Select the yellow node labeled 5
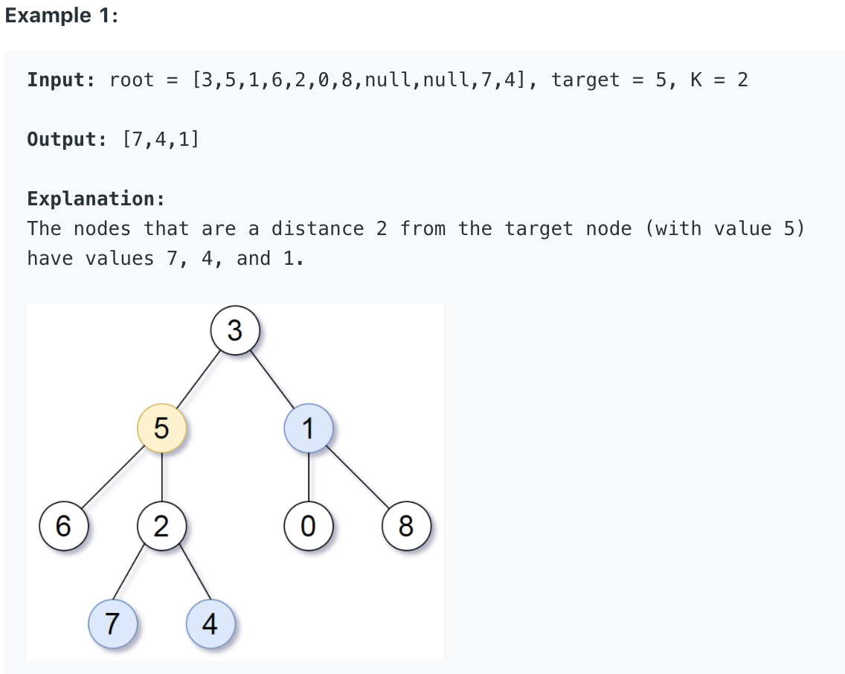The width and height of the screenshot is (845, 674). coord(161,429)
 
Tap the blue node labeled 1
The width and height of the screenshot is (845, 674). coord(308,429)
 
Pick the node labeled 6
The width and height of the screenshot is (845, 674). coord(63,526)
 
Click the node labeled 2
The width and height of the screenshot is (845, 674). coord(161,526)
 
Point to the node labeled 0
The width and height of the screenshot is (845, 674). coord(308,526)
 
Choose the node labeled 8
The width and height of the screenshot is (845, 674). coord(405,526)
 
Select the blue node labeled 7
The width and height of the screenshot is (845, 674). coord(112,623)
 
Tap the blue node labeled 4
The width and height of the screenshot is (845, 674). coord(211,623)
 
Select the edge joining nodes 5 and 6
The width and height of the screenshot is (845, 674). coord(112,478)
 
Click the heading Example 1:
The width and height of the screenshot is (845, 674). coord(61,16)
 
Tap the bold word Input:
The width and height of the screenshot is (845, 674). coord(62,80)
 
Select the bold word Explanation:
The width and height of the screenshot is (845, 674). coord(96,199)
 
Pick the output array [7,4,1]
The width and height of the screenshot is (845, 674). coord(160,139)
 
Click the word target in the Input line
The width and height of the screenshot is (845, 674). coord(585,80)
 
